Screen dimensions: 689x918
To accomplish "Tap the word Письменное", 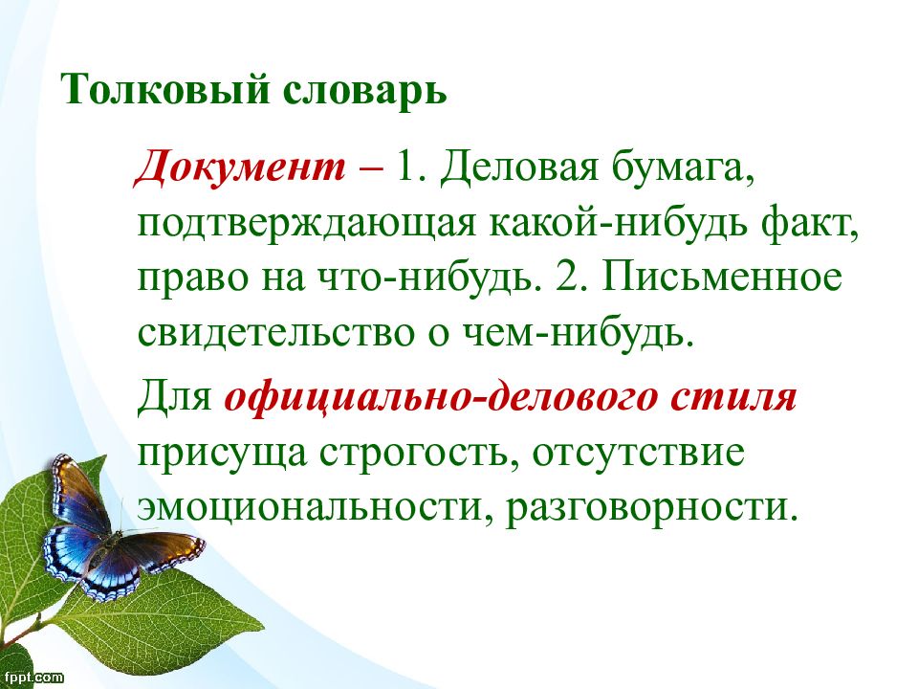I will pos(721,280).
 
